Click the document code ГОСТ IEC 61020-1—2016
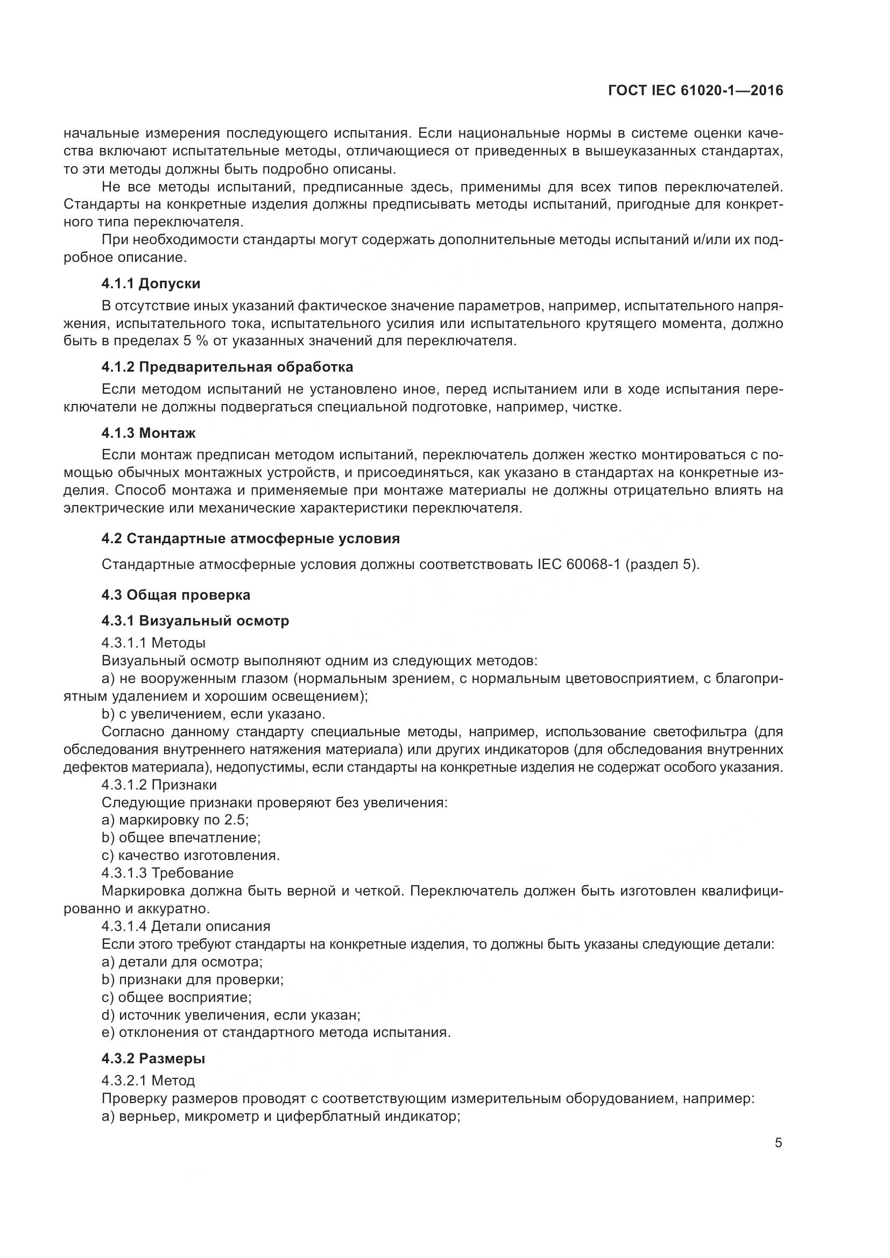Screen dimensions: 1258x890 (x=695, y=91)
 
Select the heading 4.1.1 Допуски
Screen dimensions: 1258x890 (x=151, y=283)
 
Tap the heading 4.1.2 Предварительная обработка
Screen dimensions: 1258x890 (x=227, y=367)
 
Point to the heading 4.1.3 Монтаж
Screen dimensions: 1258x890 (x=148, y=433)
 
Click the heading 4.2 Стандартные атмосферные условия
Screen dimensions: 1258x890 (x=250, y=538)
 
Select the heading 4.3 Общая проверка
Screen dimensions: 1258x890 (x=175, y=594)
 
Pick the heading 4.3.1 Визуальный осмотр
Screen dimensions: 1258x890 (x=195, y=621)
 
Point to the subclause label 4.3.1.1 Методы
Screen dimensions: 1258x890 (x=153, y=642)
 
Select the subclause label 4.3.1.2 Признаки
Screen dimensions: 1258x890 (x=159, y=785)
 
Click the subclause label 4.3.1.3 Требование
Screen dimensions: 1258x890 (x=167, y=873)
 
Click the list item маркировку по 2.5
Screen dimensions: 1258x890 (x=175, y=820)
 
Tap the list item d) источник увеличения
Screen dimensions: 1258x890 (x=231, y=1015)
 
